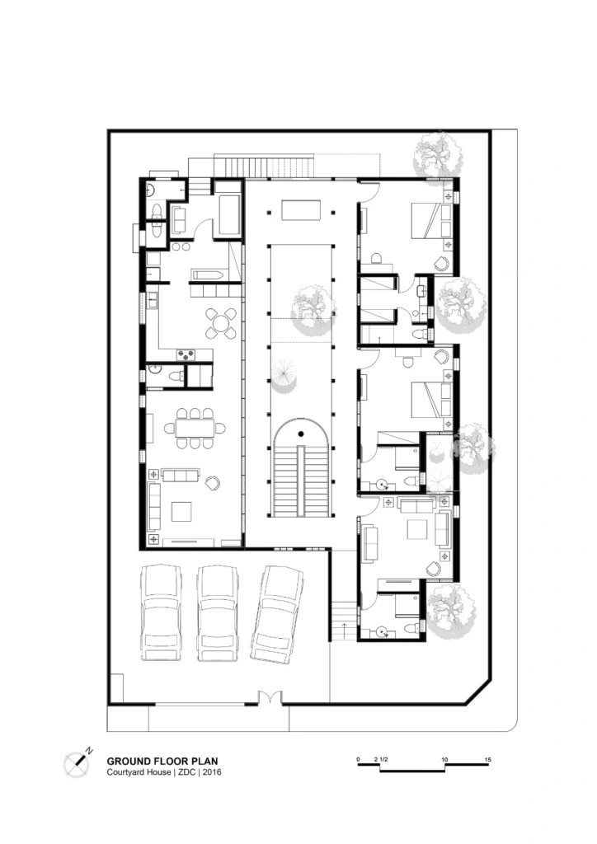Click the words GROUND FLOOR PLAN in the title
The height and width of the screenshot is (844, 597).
point(162,761)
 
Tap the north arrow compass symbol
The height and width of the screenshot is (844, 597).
point(80,763)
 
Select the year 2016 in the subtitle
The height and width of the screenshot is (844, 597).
point(209,772)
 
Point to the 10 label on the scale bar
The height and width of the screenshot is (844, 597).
point(445,757)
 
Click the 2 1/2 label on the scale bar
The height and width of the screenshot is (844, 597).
point(380,757)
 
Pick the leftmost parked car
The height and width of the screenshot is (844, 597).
point(161,613)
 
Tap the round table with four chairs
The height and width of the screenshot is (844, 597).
point(221,323)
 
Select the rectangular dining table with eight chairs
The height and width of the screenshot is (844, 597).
point(195,428)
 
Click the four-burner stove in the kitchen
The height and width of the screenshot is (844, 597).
point(187,355)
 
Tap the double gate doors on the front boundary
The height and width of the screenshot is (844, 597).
point(270,698)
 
